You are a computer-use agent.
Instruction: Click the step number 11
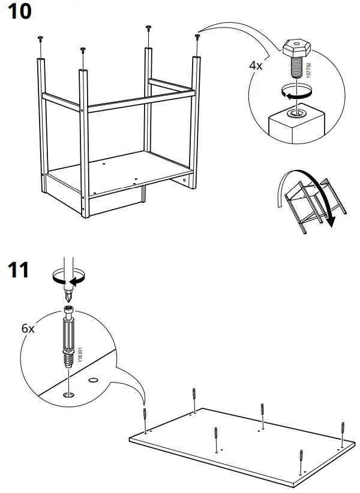(x=17, y=270)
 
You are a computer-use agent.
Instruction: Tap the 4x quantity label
(x=256, y=65)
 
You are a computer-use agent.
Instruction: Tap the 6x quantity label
(x=28, y=328)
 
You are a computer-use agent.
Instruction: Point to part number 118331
(x=80, y=354)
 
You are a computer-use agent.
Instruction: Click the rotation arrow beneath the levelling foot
(x=298, y=92)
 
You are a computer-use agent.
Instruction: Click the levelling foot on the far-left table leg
(x=40, y=40)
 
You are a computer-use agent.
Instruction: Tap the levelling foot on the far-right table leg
(x=197, y=37)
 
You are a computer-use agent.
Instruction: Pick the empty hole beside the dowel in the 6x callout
(x=93, y=380)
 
